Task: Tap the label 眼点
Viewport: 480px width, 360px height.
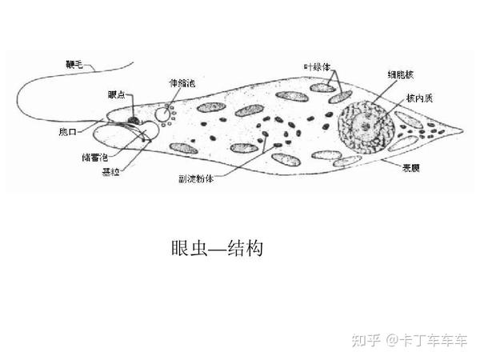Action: [116, 94]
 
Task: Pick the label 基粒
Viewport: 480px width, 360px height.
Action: [111, 172]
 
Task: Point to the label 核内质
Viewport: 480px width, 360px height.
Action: [418, 98]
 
